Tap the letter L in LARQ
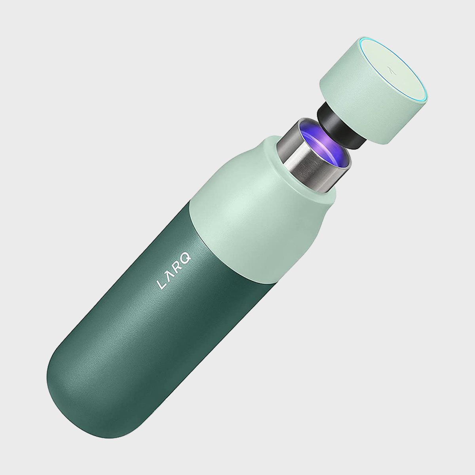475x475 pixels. [160, 285]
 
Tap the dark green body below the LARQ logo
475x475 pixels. [150, 336]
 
